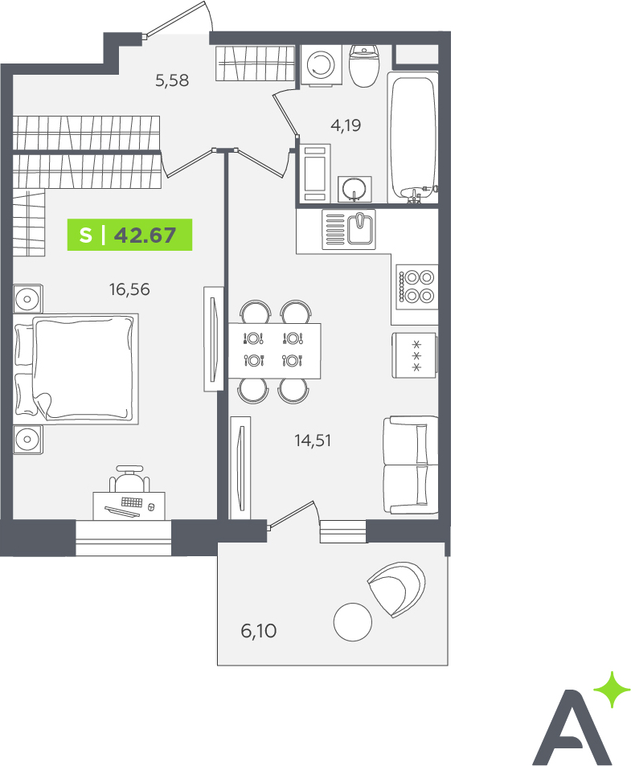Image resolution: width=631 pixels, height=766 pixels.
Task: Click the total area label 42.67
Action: coord(145,236)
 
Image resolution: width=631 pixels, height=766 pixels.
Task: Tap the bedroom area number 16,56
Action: coord(129,289)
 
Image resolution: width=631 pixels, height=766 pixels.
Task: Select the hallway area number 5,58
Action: coord(172,80)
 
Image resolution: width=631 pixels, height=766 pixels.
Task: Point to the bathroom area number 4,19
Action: coord(346,125)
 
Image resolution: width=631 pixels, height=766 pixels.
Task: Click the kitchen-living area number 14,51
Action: coord(313,440)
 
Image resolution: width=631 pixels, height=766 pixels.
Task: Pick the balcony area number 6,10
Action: coord(258,631)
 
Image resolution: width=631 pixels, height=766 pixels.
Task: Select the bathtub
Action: coord(412,137)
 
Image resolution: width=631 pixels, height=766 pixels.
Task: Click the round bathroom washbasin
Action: coord(354,189)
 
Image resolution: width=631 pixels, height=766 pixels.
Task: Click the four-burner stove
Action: coord(416,287)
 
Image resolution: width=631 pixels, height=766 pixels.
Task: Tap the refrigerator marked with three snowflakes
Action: coord(415,355)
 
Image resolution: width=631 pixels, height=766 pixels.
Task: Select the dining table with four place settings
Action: coord(274,350)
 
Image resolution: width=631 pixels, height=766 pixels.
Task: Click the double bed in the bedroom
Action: coord(76,369)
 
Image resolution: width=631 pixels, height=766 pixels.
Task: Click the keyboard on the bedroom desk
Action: coord(132,502)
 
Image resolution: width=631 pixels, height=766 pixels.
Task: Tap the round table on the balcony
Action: coord(353,622)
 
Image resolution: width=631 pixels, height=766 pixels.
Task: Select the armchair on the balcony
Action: coord(396,588)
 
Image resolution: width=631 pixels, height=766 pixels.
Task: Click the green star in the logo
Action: coord(612,690)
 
